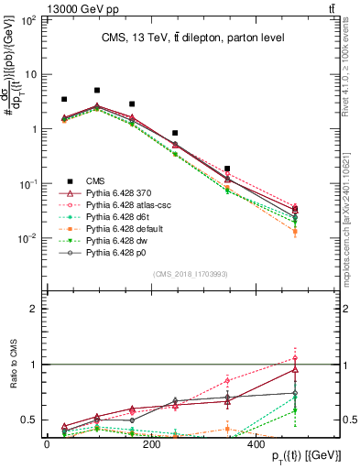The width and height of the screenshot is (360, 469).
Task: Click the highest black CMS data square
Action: pos(97,91)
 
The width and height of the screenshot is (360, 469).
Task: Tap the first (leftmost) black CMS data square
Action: pos(64,99)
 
